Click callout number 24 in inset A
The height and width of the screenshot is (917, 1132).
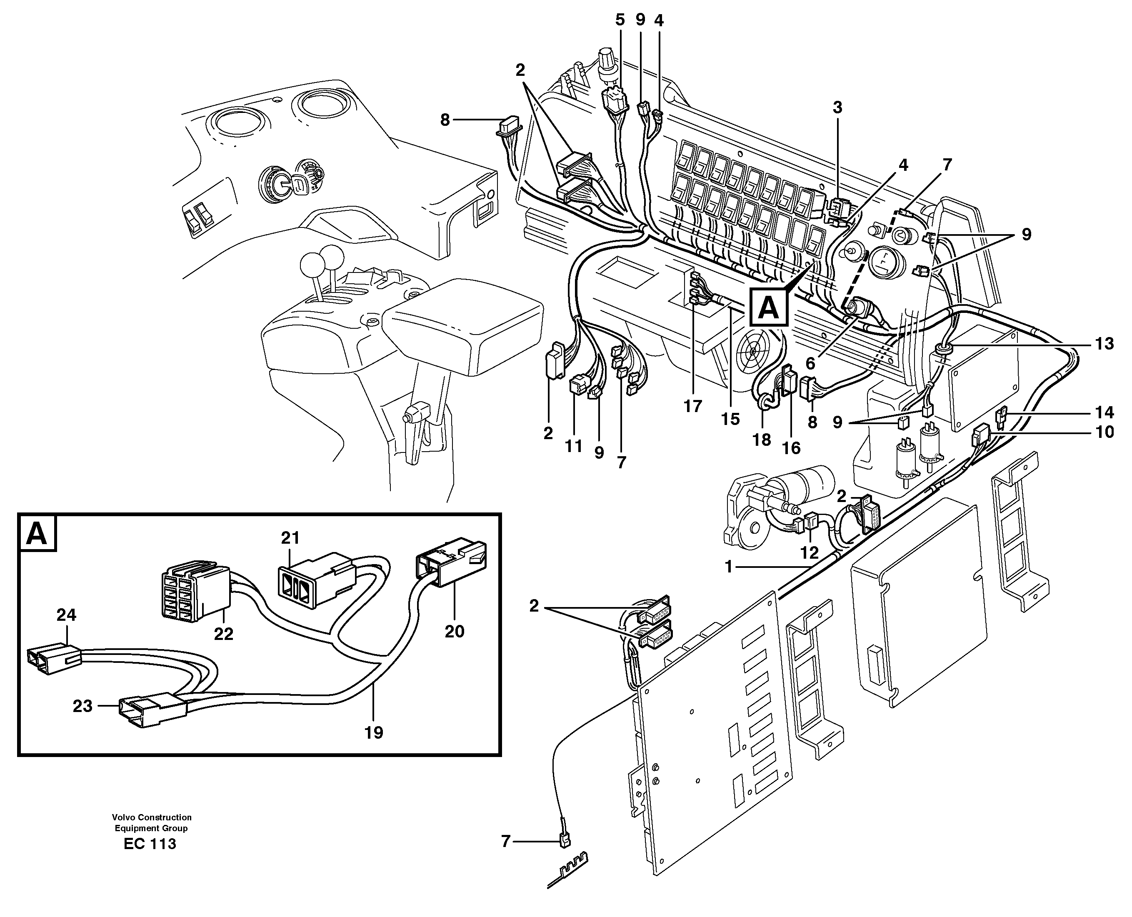[x=67, y=615]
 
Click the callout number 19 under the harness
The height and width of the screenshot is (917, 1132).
[x=373, y=733]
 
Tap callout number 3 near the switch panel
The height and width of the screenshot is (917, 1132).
[x=837, y=108]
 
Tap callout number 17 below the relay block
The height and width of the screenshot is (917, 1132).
[x=692, y=406]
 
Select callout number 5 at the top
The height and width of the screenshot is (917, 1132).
[x=620, y=20]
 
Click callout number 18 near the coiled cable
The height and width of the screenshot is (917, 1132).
[x=762, y=440]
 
